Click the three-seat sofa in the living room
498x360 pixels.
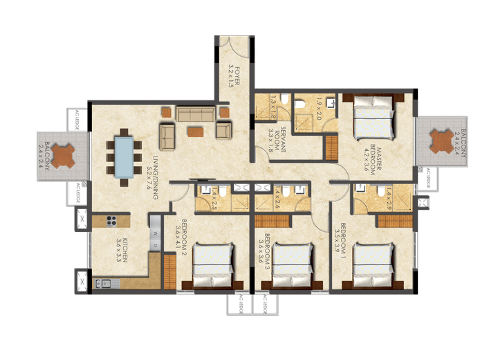(196, 113)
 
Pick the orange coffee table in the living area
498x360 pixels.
(196, 129)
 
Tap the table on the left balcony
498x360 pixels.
(64, 156)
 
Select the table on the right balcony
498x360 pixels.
(441, 141)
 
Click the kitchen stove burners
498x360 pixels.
(110, 222)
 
